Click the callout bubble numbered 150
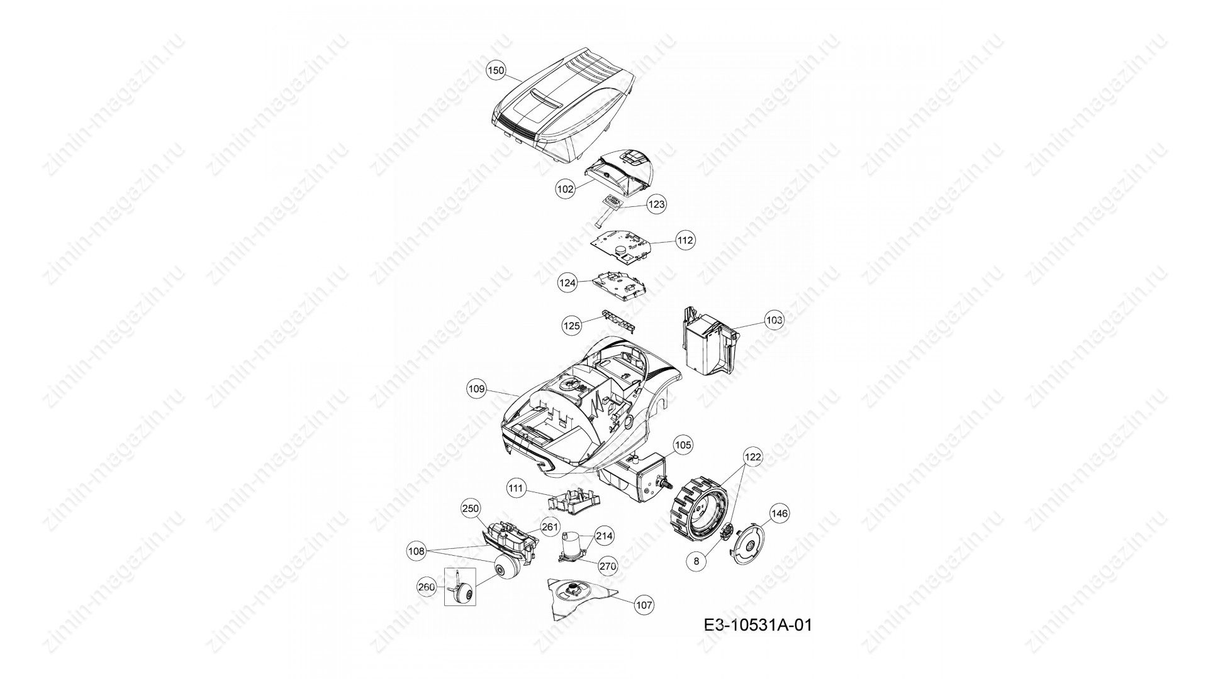[x=496, y=71]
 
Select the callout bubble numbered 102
[x=566, y=188]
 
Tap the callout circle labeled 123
[x=656, y=204]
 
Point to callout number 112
[x=685, y=240]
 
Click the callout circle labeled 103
[x=774, y=320]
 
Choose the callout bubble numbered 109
[x=477, y=389]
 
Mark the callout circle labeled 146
[x=779, y=514]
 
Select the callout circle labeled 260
[x=427, y=587]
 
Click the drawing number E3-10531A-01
[x=758, y=626]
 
